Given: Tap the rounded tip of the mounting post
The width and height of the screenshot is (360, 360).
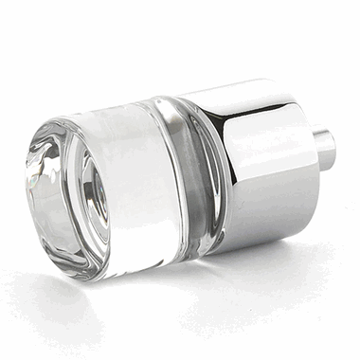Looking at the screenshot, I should click(332, 150).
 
